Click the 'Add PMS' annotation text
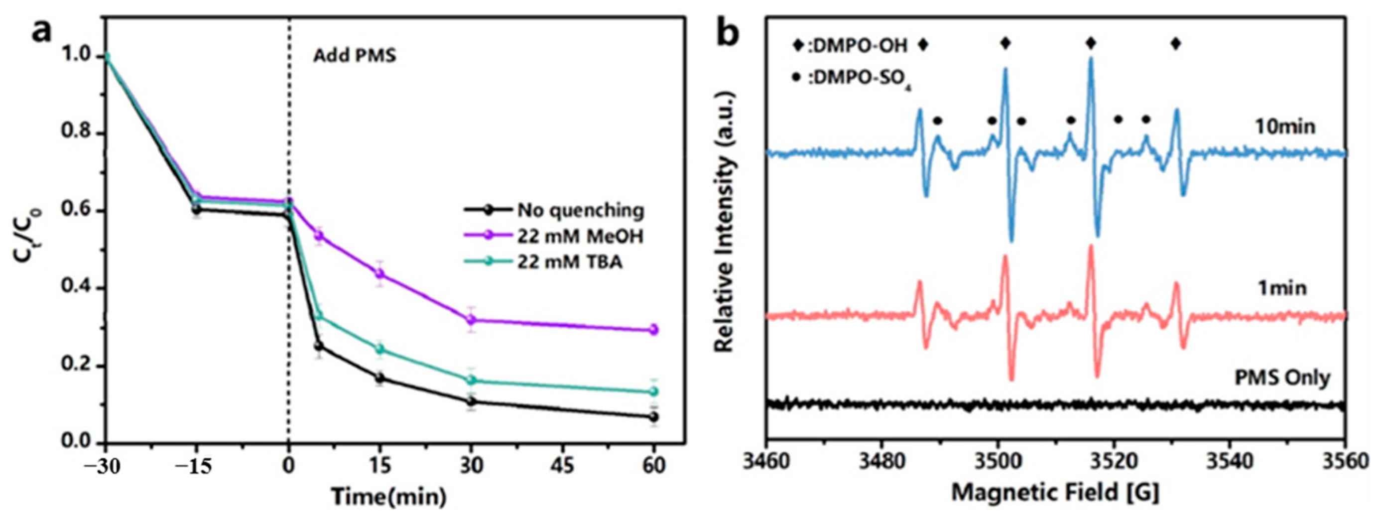click(x=355, y=56)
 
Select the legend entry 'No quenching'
click(x=580, y=210)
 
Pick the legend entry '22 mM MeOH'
click(x=580, y=237)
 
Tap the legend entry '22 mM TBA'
click(x=570, y=262)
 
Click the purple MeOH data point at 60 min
click(x=654, y=329)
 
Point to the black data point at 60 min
click(x=654, y=417)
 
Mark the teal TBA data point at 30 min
click(x=472, y=380)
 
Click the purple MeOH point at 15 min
click(x=380, y=273)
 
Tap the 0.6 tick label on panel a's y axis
click(x=75, y=211)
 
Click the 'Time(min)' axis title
click(x=388, y=497)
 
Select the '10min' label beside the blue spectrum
click(x=1284, y=127)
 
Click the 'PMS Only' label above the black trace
click(x=1282, y=378)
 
